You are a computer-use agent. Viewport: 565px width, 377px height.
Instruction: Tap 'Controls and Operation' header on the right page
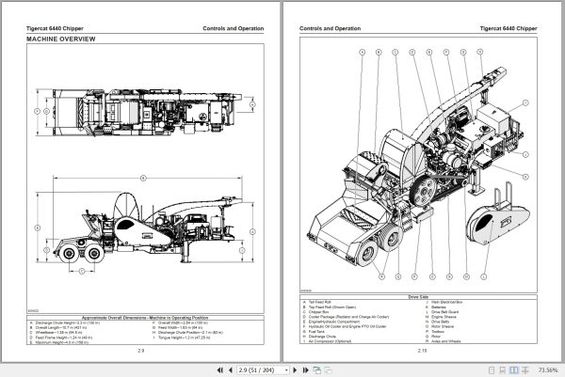[x=331, y=28]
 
